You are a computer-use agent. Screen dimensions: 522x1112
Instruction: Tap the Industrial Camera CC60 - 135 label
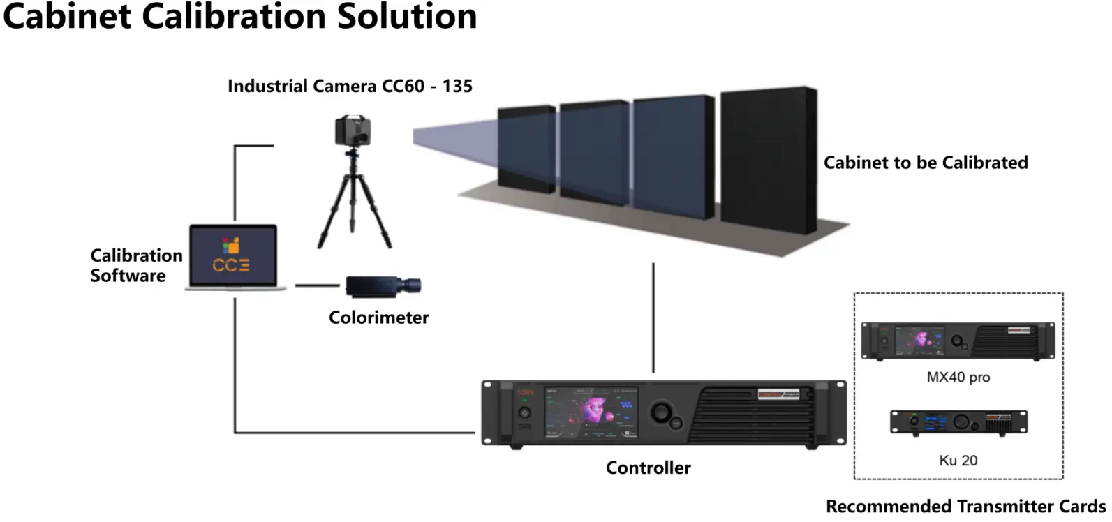tap(350, 87)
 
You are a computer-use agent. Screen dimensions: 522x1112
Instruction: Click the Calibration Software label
tap(136, 265)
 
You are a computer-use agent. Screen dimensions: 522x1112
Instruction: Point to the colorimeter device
tap(383, 285)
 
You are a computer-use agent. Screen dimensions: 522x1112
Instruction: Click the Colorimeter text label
tap(378, 318)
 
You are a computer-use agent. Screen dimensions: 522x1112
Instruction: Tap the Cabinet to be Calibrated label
tap(925, 163)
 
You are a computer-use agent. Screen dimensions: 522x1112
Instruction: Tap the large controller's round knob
tap(660, 412)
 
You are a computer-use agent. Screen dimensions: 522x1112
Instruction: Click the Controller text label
tap(648, 468)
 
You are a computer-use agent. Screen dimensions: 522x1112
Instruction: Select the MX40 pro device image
tap(958, 341)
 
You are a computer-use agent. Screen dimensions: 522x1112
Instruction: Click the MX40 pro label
tap(958, 378)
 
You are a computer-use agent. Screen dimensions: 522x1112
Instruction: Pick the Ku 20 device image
tap(958, 423)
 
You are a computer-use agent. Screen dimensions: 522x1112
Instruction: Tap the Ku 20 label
tap(958, 461)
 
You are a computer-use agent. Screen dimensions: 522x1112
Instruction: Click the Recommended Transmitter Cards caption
tap(965, 506)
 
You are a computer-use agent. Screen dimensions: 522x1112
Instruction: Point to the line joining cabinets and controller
tap(653, 318)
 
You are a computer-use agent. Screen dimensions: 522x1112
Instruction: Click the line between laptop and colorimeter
tap(318, 285)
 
